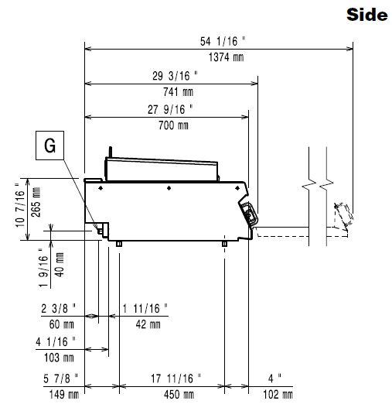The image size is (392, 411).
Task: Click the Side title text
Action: [366, 15]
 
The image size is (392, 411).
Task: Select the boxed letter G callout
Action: [49, 146]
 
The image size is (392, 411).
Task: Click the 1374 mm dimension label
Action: [227, 57]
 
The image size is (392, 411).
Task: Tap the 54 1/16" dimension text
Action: [223, 42]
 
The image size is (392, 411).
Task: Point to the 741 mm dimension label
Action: [178, 92]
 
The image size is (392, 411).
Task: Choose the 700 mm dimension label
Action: [173, 125]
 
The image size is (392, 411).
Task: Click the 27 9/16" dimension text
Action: [170, 109]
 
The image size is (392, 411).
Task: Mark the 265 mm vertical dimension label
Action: [36, 202]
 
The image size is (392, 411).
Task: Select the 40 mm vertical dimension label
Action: [60, 265]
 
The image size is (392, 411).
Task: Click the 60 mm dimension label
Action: [62, 324]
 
